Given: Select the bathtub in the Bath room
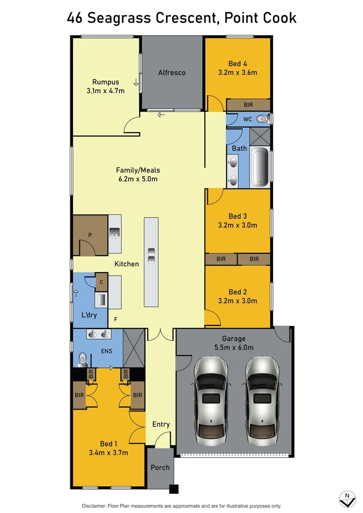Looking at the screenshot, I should tap(260, 168).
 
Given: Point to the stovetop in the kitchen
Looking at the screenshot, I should tap(115, 233).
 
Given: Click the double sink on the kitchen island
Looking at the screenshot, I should tap(151, 255).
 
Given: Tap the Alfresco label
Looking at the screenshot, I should tap(172, 73).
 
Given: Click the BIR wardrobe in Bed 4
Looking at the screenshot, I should tap(248, 104).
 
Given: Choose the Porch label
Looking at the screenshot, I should tap(160, 467).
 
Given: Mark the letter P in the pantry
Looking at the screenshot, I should tap(90, 235).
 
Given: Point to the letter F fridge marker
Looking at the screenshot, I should tap(115, 320).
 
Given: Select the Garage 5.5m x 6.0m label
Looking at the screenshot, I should tap(234, 343).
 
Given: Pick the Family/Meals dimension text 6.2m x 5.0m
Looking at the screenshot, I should tap(138, 179).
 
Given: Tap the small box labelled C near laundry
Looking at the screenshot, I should tap(102, 282).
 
